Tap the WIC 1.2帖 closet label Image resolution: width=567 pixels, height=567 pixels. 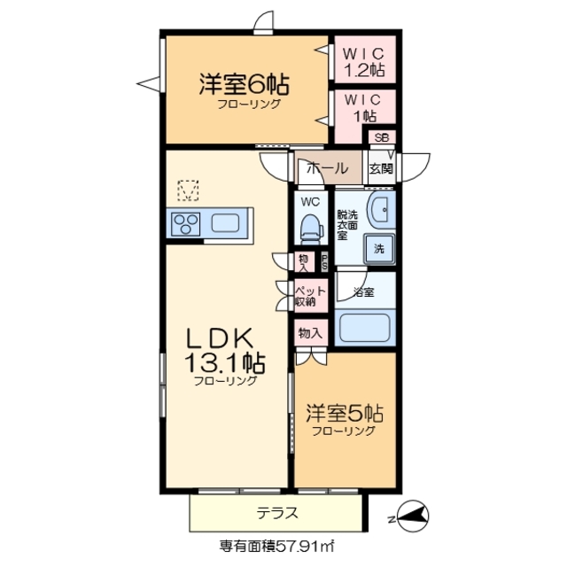tap(363, 60)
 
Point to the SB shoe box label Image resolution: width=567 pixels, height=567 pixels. tap(382, 137)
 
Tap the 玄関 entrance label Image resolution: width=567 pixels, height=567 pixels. tap(381, 168)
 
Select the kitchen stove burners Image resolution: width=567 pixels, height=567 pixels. tap(187, 222)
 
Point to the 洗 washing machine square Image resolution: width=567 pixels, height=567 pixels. tap(378, 250)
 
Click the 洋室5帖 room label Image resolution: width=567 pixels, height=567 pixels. tap(345, 415)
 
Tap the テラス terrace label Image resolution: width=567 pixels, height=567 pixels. tap(277, 513)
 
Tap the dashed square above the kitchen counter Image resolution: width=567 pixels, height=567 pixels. tap(188, 190)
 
